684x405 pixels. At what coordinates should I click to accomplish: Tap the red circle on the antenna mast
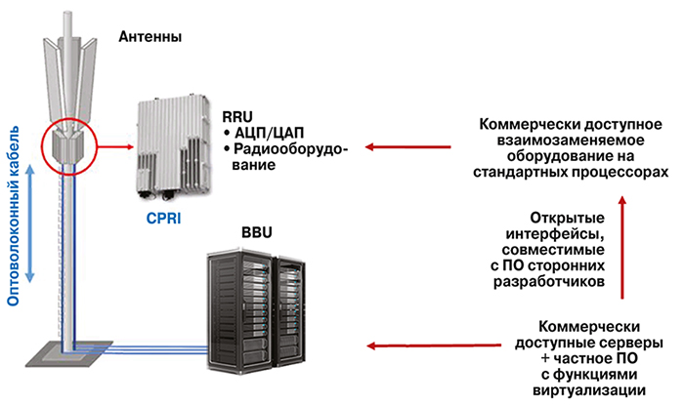(67, 147)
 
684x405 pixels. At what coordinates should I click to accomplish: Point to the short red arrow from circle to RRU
(115, 148)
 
